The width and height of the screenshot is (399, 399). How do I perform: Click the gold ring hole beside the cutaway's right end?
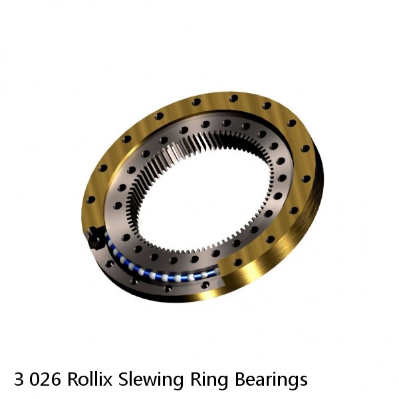(237, 262)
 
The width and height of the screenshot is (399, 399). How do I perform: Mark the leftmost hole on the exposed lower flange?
(110, 263)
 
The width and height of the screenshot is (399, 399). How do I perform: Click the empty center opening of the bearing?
(199, 199)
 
